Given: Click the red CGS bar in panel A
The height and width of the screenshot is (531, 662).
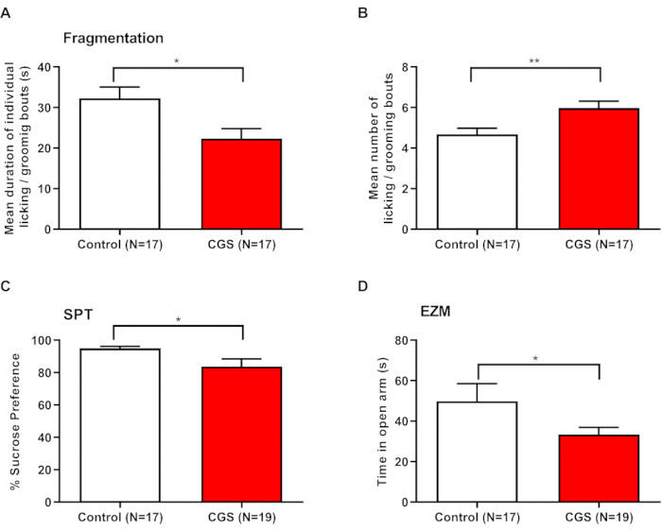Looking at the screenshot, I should coord(243,184).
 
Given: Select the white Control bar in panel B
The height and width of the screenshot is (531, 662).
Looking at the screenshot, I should coord(479,182).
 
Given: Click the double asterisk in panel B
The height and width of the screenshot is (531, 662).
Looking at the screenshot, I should coord(536,60).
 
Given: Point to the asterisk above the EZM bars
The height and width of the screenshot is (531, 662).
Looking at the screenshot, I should coord(536,358).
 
